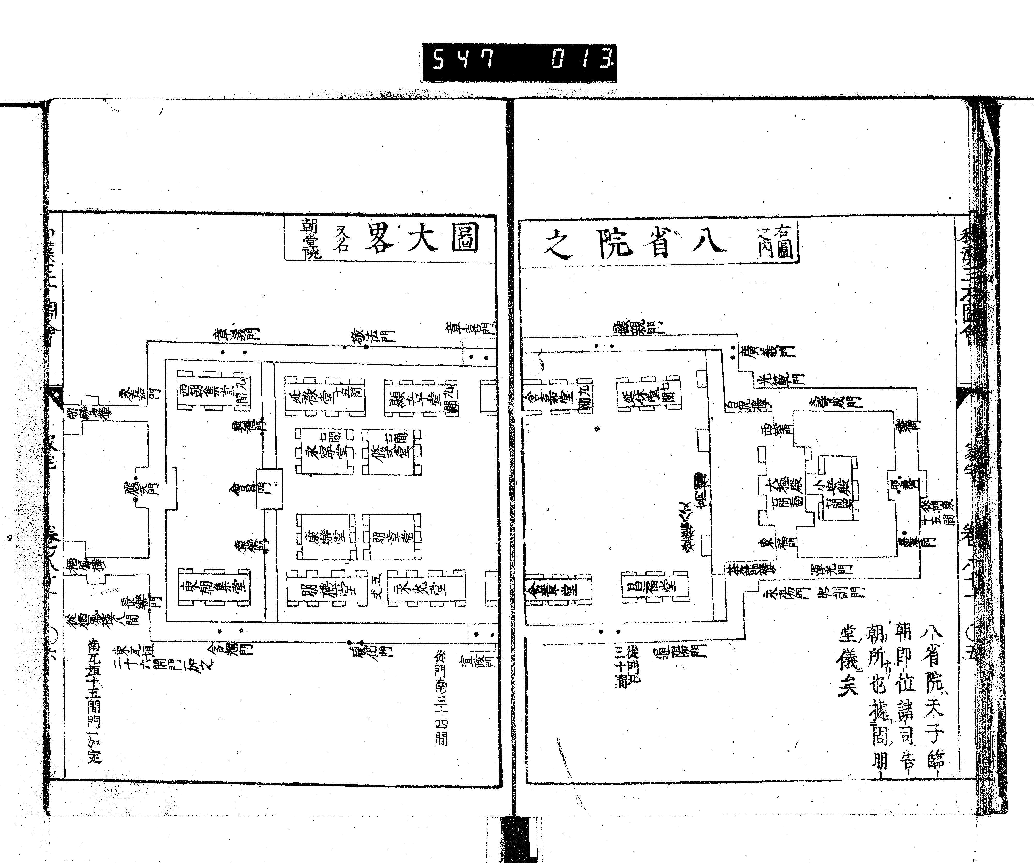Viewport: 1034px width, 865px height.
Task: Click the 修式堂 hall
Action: pos(391,451)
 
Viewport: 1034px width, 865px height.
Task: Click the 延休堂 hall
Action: pos(649,394)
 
